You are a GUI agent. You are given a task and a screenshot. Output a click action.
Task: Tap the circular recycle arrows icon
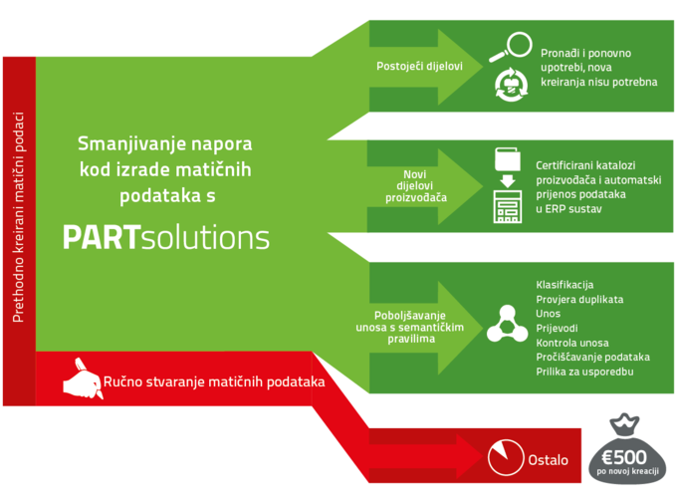tap(511, 85)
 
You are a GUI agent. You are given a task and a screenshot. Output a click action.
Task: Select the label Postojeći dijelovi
tap(419, 66)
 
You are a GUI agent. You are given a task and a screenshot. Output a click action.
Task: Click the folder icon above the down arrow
tap(508, 159)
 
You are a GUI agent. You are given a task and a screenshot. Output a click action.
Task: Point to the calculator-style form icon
tap(508, 206)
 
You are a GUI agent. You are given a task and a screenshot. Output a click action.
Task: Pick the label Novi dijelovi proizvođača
tap(416, 186)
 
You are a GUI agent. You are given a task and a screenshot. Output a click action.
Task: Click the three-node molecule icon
tap(508, 325)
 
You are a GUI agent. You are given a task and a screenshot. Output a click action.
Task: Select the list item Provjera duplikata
tap(579, 299)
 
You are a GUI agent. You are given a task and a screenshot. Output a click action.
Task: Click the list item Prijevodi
tap(557, 329)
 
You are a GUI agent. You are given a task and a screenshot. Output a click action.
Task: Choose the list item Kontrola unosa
tap(572, 343)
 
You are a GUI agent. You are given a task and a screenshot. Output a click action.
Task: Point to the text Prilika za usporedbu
tap(584, 372)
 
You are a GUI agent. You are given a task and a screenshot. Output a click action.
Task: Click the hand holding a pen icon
tap(83, 378)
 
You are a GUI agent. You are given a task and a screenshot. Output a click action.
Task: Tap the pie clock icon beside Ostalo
tap(506, 457)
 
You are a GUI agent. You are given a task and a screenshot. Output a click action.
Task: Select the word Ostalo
tap(548, 460)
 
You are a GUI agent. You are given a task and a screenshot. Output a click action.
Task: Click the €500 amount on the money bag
tap(624, 457)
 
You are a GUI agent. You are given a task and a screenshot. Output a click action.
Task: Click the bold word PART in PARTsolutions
tap(102, 238)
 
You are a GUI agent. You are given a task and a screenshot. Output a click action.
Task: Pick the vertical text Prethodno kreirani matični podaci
tap(18, 217)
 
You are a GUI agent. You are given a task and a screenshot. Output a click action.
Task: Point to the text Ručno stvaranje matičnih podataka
tap(214, 381)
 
